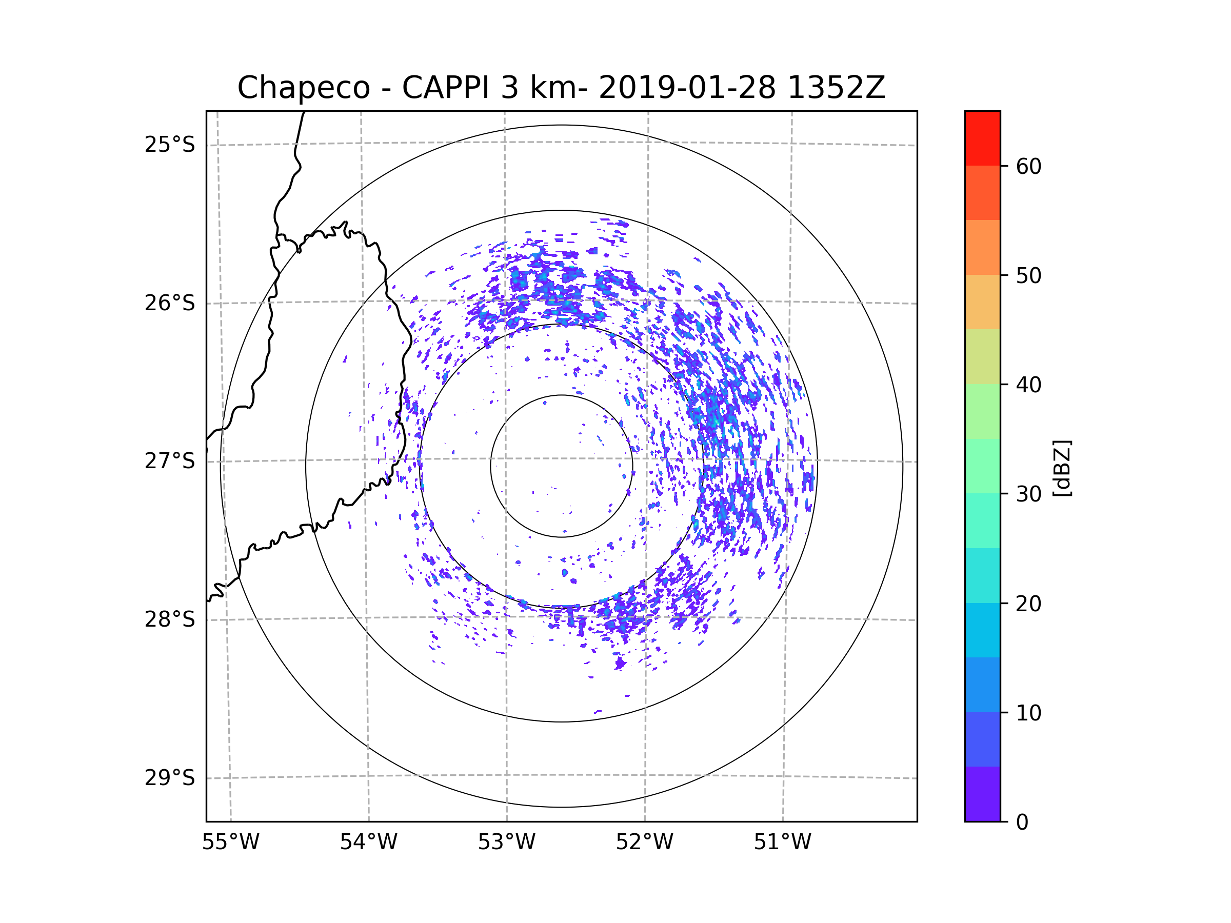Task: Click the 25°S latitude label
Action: pyautogui.click(x=170, y=145)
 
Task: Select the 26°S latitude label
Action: pyautogui.click(x=170, y=303)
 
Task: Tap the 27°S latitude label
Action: pyautogui.click(x=170, y=461)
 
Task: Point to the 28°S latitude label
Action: pyautogui.click(x=170, y=619)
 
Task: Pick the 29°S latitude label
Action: pyautogui.click(x=170, y=778)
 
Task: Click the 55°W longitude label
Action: pyautogui.click(x=230, y=842)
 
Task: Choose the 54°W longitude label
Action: pyautogui.click(x=368, y=842)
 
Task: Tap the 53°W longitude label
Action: pyautogui.click(x=506, y=842)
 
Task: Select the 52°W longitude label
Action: pyautogui.click(x=644, y=842)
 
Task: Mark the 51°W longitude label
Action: pyautogui.click(x=782, y=842)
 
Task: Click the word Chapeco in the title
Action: pyautogui.click(x=304, y=88)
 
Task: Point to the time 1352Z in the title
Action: pyautogui.click(x=837, y=88)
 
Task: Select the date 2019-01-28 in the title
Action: pyautogui.click(x=687, y=88)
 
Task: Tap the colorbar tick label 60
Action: pyautogui.click(x=1028, y=166)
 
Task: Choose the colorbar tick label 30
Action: pyautogui.click(x=1028, y=494)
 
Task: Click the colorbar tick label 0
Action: pyautogui.click(x=1022, y=822)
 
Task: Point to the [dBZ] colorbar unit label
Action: pyautogui.click(x=1062, y=468)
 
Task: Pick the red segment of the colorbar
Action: pyautogui.click(x=982, y=138)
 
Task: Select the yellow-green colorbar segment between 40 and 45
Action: pyautogui.click(x=982, y=356)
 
